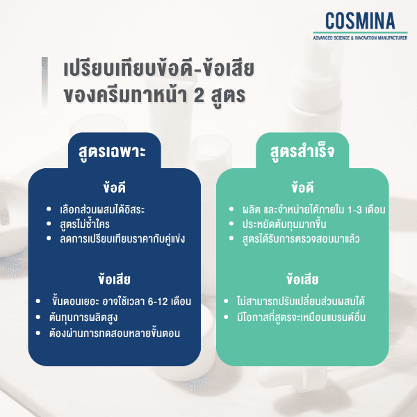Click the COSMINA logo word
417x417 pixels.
[x=359, y=20]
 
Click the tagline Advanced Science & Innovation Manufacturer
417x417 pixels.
[x=359, y=35]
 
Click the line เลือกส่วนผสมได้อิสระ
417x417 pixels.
[x=102, y=209]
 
